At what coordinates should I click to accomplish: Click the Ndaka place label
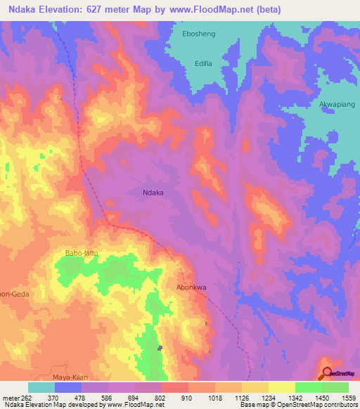click(x=155, y=191)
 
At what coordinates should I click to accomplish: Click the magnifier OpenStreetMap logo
click(x=326, y=373)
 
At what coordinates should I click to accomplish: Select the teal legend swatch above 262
click(x=41, y=387)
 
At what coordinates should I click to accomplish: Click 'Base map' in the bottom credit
click(x=253, y=405)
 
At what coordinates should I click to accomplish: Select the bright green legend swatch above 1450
click(x=309, y=387)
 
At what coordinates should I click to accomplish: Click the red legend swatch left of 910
click(x=175, y=387)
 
